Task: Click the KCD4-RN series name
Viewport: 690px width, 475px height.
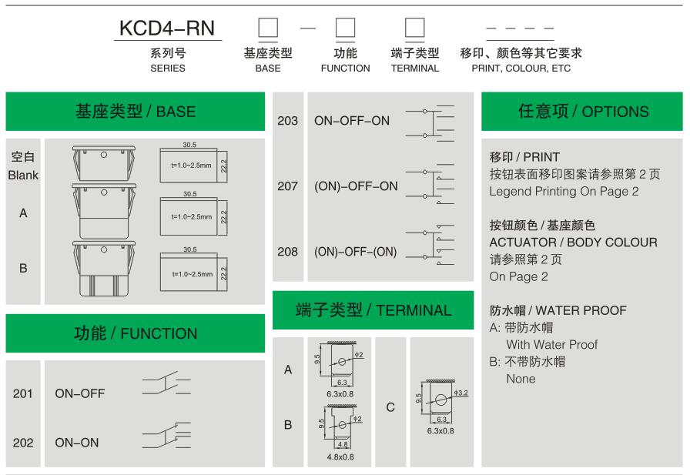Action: (168, 28)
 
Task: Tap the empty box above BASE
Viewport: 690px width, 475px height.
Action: (267, 28)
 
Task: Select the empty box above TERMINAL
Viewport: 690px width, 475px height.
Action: (415, 28)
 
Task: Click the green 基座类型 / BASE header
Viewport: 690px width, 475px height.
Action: (136, 112)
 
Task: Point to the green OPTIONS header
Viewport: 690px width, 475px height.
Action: (583, 112)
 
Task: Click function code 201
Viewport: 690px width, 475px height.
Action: (23, 394)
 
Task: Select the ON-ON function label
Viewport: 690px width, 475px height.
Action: (77, 443)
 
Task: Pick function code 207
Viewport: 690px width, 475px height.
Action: (287, 186)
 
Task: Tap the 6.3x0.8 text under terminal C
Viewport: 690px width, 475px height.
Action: (440, 431)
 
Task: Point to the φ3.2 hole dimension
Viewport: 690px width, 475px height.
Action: (461, 393)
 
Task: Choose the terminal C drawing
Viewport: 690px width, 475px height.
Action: (439, 400)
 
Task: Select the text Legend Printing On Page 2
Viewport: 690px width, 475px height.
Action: (564, 192)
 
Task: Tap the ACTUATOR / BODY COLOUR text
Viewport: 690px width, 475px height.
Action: (573, 243)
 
